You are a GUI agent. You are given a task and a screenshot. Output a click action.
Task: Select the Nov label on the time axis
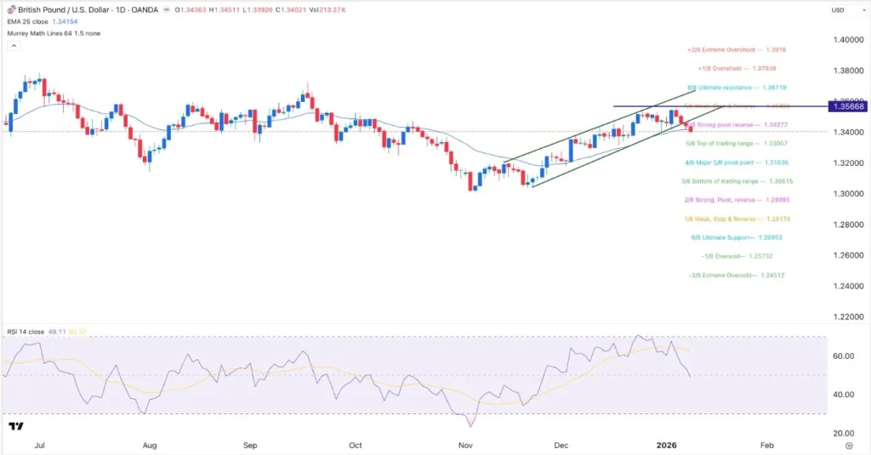click(x=464, y=445)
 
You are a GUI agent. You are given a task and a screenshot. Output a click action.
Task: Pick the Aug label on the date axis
click(x=151, y=445)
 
